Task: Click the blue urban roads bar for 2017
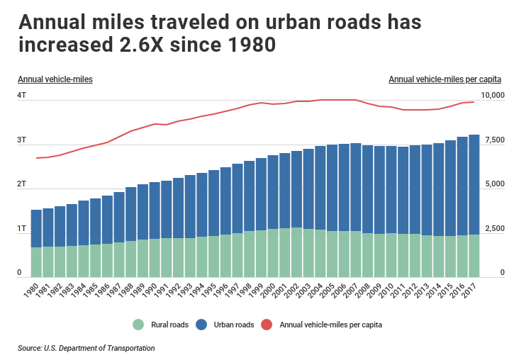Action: pyautogui.click(x=474, y=184)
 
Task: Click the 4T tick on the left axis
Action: pyautogui.click(x=21, y=95)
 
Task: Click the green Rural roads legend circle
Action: pyautogui.click(x=138, y=325)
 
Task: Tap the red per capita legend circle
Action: pyautogui.click(x=267, y=325)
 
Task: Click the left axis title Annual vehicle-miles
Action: pyautogui.click(x=55, y=79)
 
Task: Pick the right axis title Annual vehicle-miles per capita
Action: pyautogui.click(x=445, y=79)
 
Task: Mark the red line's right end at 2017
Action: pyautogui.click(x=474, y=102)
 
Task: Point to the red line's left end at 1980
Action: pyautogui.click(x=36, y=157)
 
